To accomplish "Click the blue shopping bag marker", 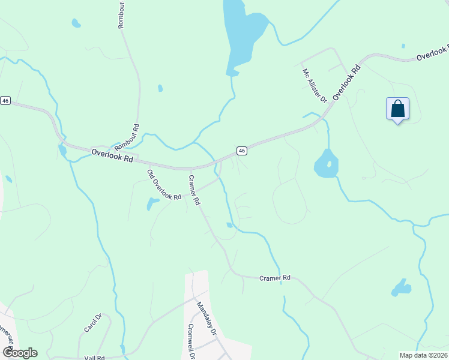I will coord(397,109).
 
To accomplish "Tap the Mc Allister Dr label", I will coord(314,85).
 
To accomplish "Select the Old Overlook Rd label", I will coord(164,185).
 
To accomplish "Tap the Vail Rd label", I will coord(95,357).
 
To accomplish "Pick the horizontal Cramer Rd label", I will coord(275,278).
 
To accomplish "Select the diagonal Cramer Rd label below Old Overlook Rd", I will coord(194,190).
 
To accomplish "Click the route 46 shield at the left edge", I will coord(5,101).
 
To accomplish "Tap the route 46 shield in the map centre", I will coord(241,151).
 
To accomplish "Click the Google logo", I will coord(20,353).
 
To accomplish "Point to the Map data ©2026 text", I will coord(423,355).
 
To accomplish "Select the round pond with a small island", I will coord(326,163).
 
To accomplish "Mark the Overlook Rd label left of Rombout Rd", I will coord(112,156).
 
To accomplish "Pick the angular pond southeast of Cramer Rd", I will coord(401,288).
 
